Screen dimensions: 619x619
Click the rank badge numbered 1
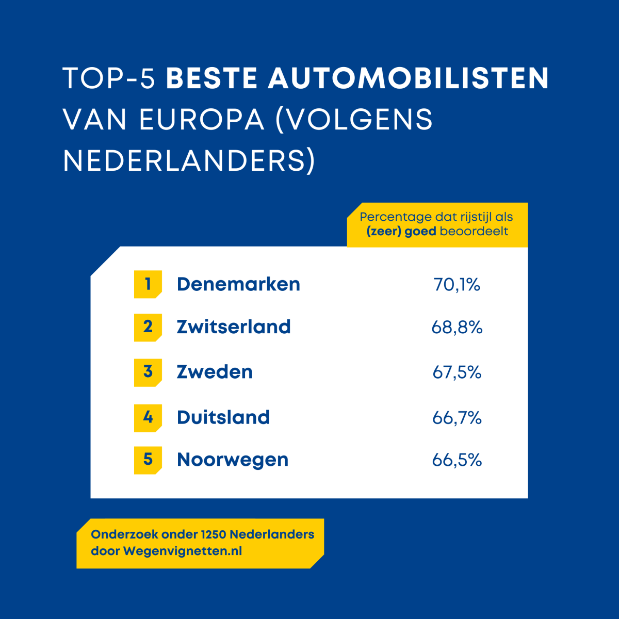coord(148,284)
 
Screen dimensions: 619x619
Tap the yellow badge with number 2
coord(148,327)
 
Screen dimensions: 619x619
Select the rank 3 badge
coord(148,372)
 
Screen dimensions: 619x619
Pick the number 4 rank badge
coord(148,417)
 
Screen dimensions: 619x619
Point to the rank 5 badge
coord(148,460)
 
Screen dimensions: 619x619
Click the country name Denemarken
coord(238,284)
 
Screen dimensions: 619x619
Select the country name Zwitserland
coord(234,327)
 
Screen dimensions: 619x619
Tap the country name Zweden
coord(215,372)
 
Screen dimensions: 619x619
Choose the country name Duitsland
coord(223,417)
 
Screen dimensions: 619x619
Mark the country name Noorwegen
coord(233,460)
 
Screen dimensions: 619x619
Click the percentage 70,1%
coord(457,284)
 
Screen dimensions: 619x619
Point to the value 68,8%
coord(457,327)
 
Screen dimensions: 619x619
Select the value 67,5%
coord(457,372)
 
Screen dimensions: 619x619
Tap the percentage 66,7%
coord(457,417)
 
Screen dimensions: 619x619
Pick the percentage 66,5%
coord(457,460)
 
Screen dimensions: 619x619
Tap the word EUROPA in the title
coord(202,120)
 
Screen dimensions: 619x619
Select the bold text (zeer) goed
coord(401,231)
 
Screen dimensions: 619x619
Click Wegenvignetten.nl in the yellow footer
coord(183,551)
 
